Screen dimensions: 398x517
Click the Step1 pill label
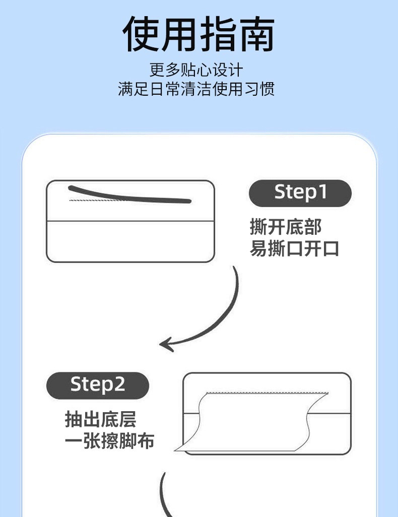pyautogui.click(x=300, y=193)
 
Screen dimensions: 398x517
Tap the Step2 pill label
pyautogui.click(x=98, y=385)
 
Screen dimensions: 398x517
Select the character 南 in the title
pyautogui.click(x=256, y=34)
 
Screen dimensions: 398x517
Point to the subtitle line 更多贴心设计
pyautogui.click(x=196, y=70)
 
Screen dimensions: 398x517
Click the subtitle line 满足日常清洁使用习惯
pyautogui.click(x=196, y=89)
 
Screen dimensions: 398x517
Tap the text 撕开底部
pyautogui.click(x=286, y=227)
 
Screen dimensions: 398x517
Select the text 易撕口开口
pyautogui.click(x=294, y=248)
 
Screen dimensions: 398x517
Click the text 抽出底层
pyautogui.click(x=101, y=419)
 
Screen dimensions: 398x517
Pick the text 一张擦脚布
pyautogui.click(x=109, y=441)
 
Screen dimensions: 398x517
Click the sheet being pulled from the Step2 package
pyautogui.click(x=250, y=422)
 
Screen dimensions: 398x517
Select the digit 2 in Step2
pyautogui.click(x=120, y=384)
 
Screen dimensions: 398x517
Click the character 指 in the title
pyautogui.click(x=218, y=34)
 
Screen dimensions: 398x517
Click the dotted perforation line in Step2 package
pyautogui.click(x=267, y=393)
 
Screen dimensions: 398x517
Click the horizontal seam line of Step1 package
pyautogui.click(x=130, y=221)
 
